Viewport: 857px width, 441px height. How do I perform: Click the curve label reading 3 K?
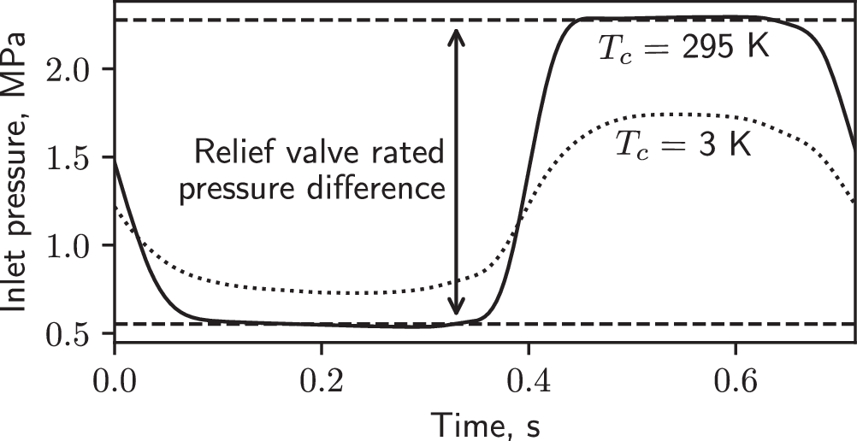(x=683, y=145)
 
